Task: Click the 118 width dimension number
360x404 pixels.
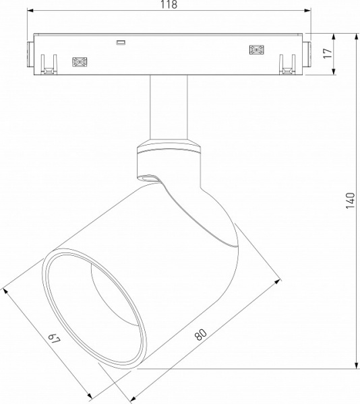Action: tap(169, 5)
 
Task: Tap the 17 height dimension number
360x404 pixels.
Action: tap(328, 53)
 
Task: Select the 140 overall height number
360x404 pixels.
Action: tap(349, 200)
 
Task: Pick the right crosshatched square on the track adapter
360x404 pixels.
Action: tap(256, 50)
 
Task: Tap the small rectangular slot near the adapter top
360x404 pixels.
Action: tap(121, 43)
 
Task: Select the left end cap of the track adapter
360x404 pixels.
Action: tap(31, 53)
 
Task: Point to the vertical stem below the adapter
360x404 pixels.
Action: tap(168, 108)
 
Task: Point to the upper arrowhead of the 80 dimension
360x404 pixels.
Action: tap(277, 281)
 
